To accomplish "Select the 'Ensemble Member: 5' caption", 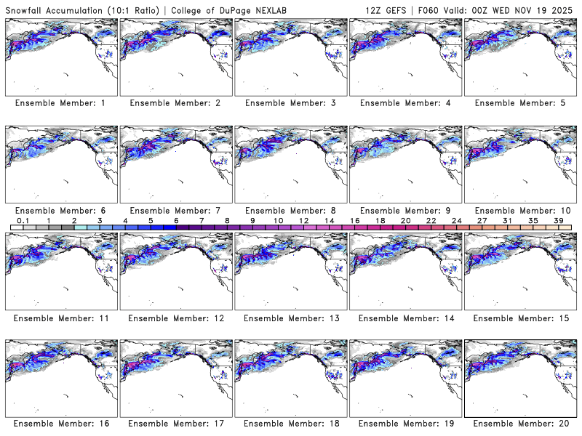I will tap(519, 103).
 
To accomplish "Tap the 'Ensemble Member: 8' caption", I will tap(290, 211).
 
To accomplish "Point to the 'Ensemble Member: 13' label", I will tap(290, 318).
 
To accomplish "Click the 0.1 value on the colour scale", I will tap(23, 220).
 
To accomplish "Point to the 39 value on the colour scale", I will tap(558, 220).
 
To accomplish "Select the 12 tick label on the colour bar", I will tap(303, 220).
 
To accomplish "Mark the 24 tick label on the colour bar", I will tap(456, 220).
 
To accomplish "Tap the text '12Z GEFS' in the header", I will tap(387, 7).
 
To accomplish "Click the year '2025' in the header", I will tap(563, 7).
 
